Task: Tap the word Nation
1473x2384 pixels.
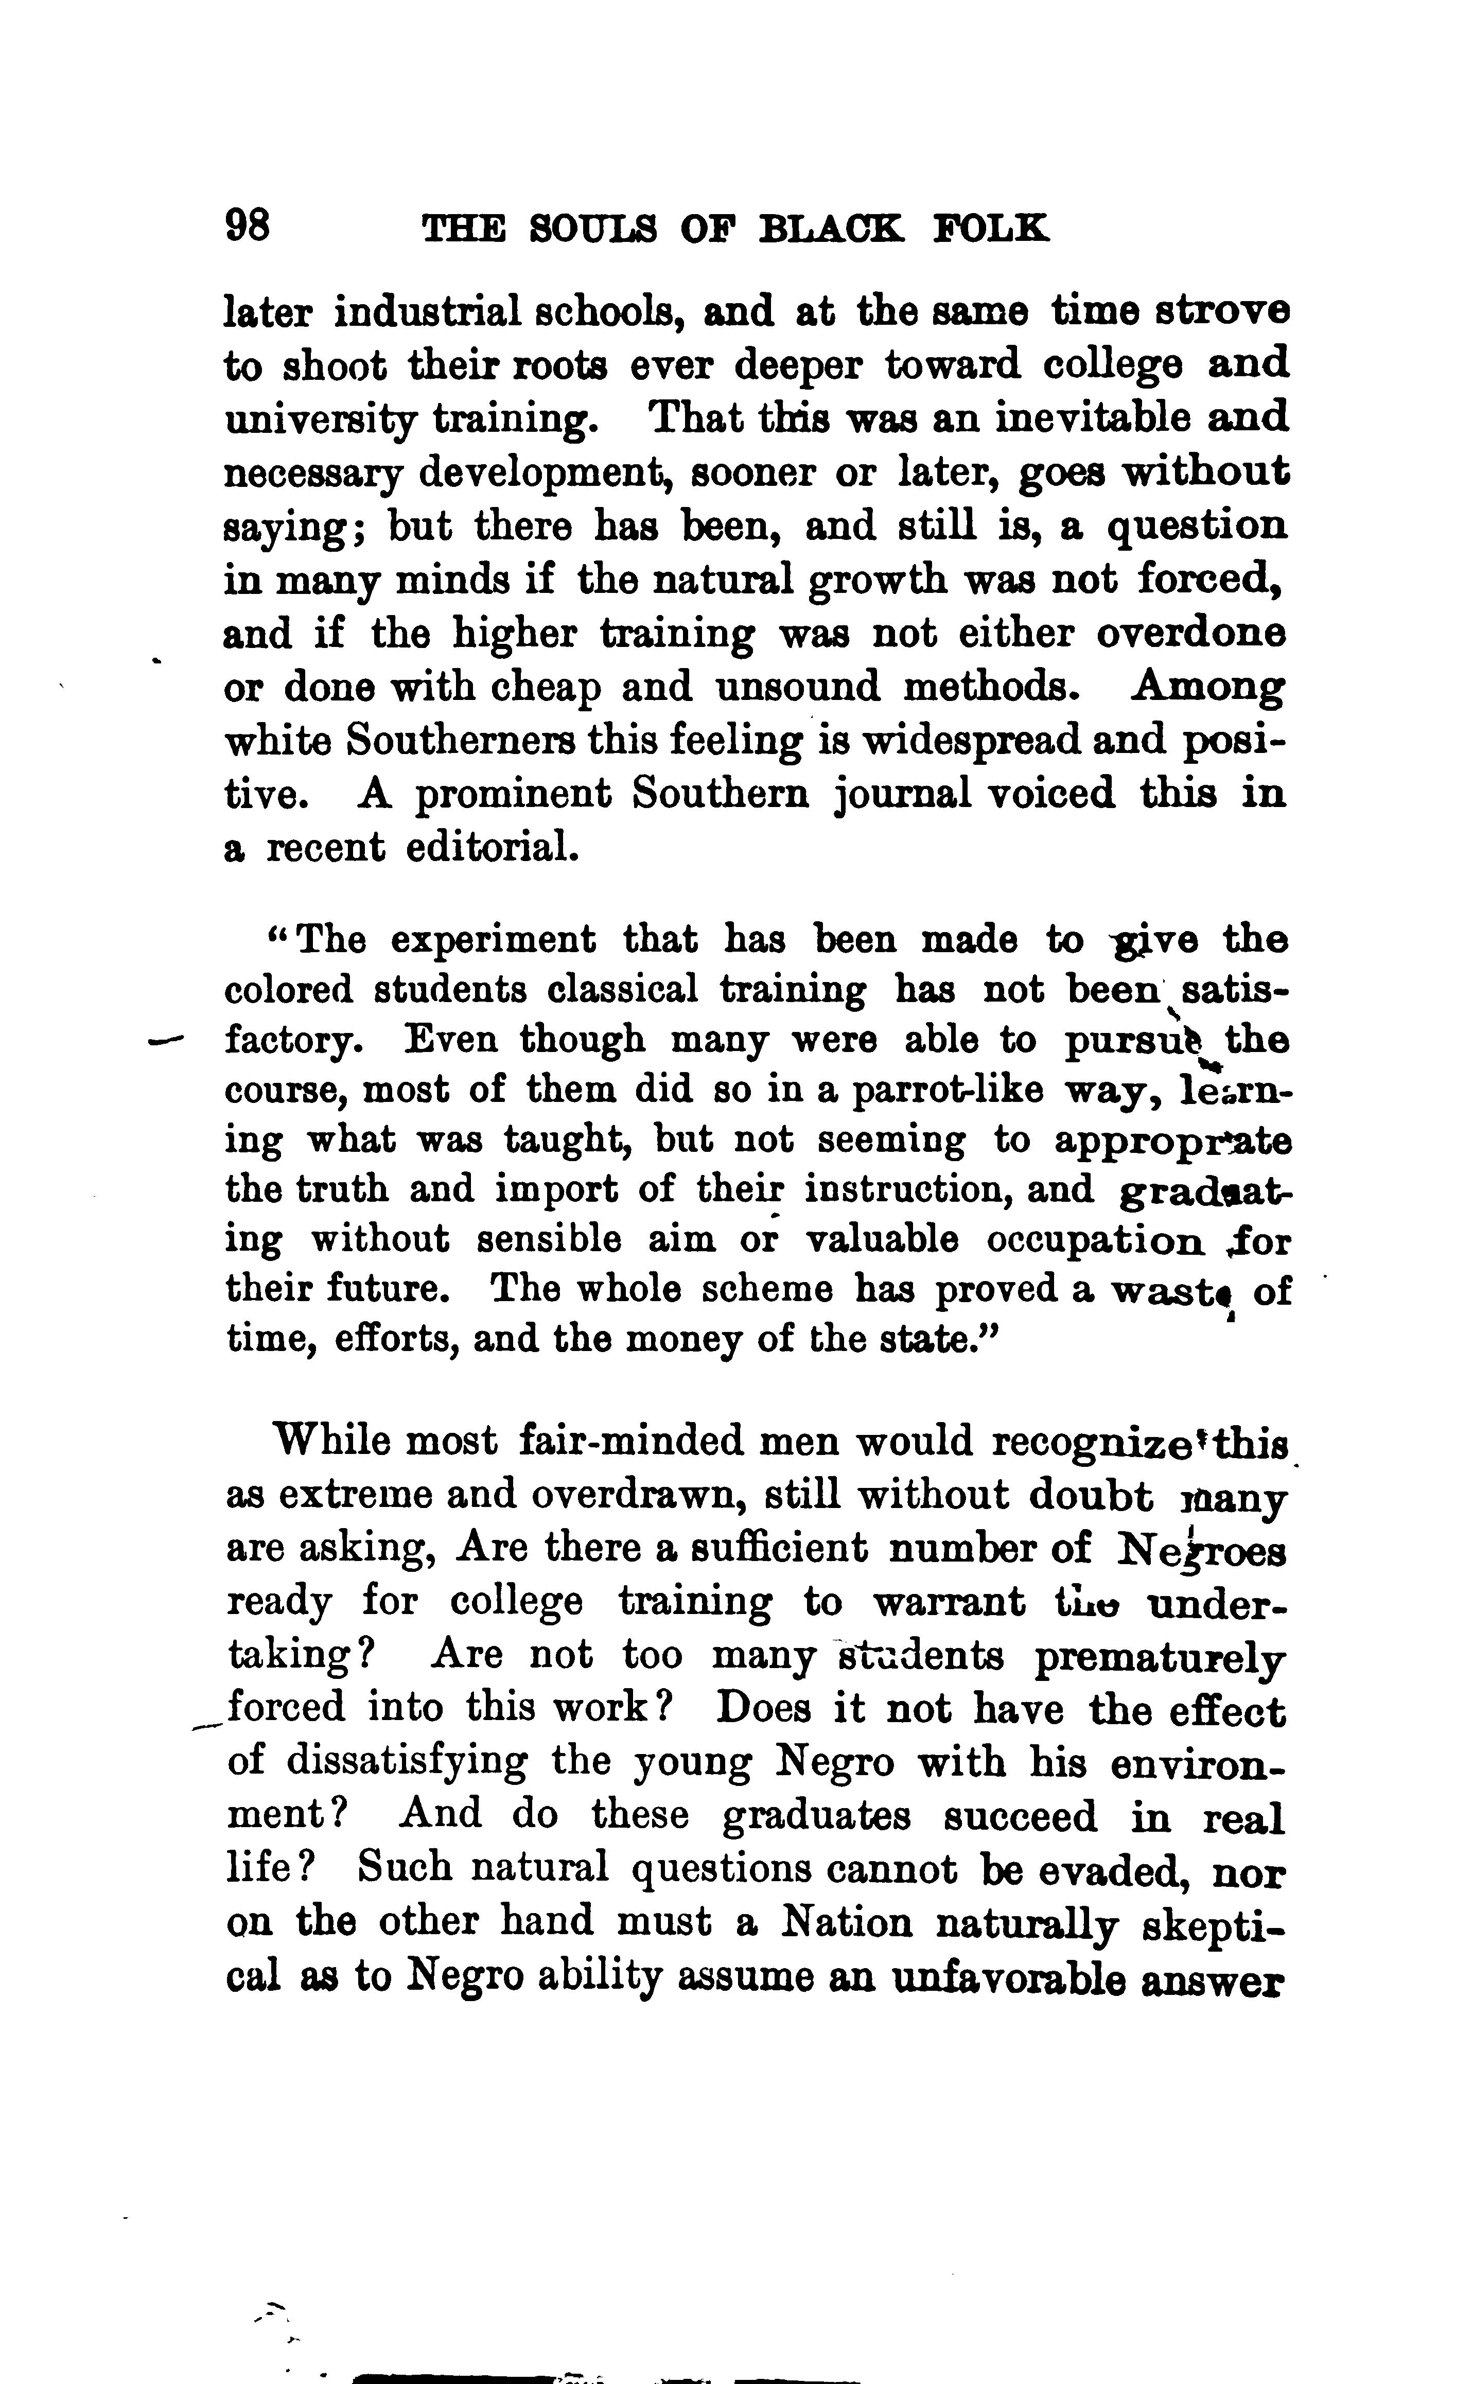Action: pos(848,1922)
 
